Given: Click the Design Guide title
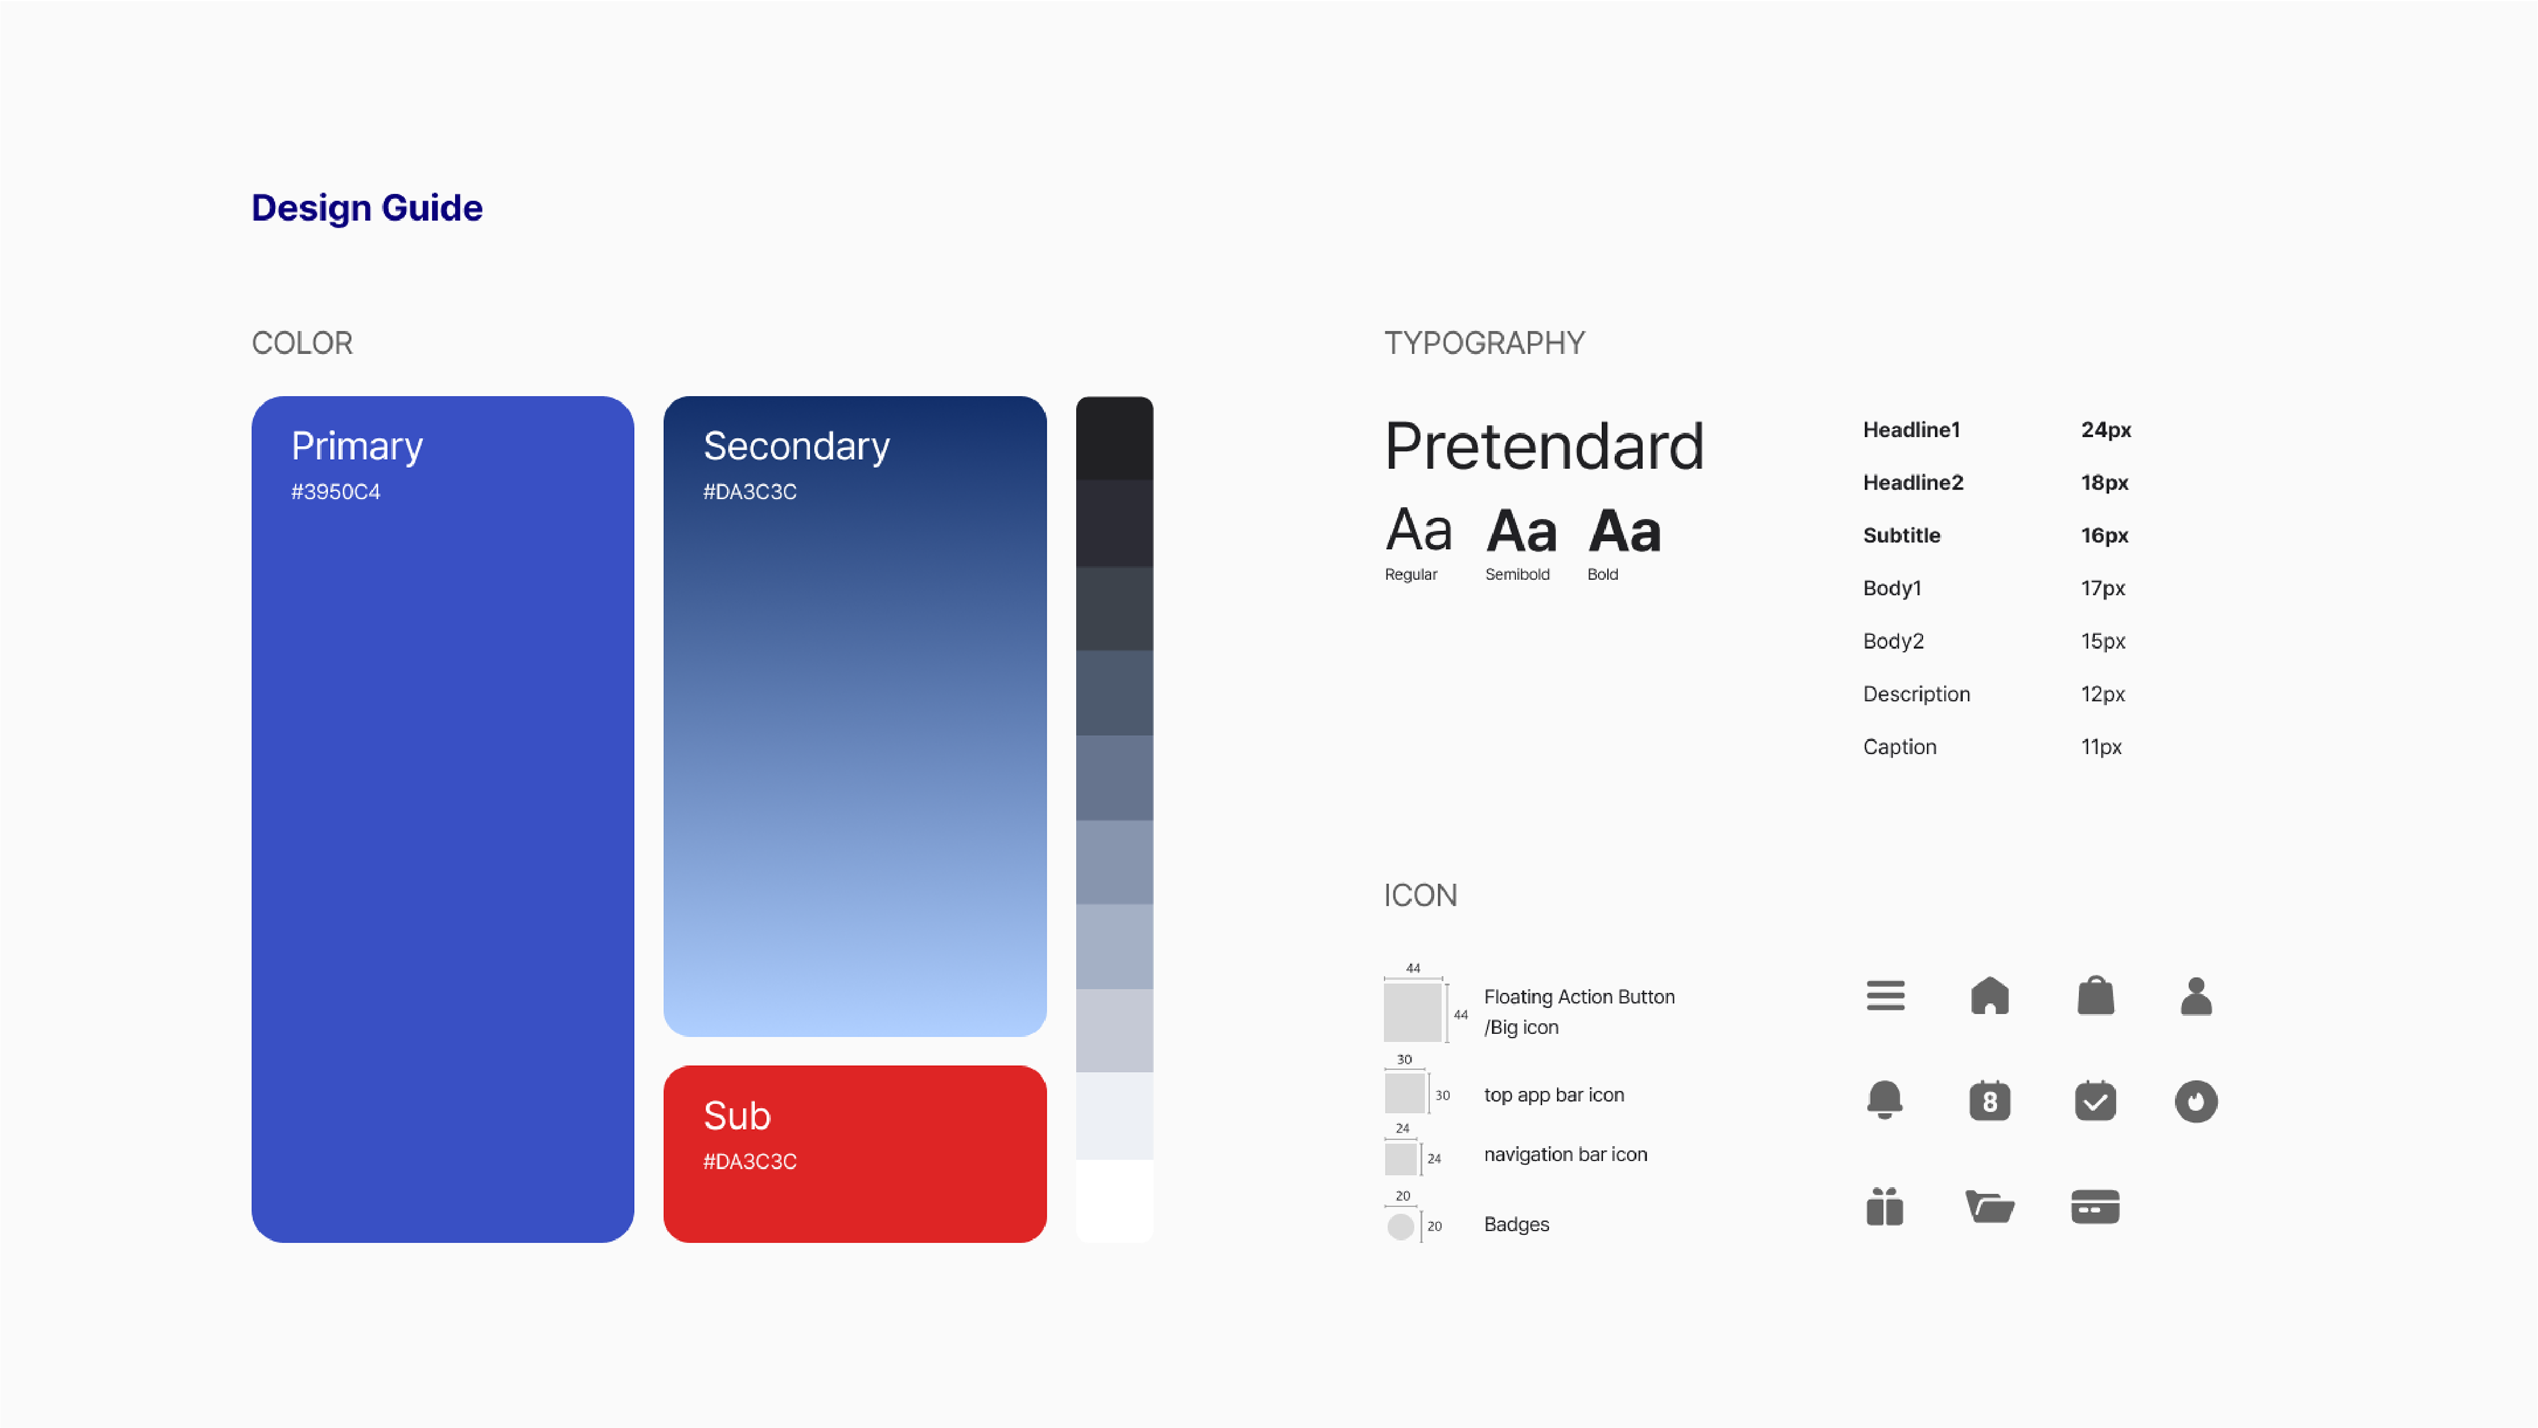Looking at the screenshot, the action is (x=367, y=207).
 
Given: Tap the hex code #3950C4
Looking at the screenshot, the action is (x=335, y=492).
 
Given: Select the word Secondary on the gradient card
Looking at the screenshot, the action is (x=796, y=446).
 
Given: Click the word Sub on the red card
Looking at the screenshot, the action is (x=737, y=1116).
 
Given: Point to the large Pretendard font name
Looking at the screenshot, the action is (x=1544, y=446).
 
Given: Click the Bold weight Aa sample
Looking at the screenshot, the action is (x=1625, y=532).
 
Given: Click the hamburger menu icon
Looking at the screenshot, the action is (x=1885, y=996).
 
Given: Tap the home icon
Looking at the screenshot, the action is (x=1989, y=996).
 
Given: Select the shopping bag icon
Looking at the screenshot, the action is (x=2096, y=996).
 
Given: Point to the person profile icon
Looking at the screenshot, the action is (x=2196, y=996).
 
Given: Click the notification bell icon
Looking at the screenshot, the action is (x=1885, y=1100).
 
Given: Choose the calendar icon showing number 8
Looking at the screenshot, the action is (x=1989, y=1101).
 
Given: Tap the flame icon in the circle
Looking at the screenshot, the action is (x=2196, y=1101).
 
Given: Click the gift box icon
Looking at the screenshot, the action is (x=1885, y=1207).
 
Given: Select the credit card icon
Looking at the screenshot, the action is (x=2096, y=1207).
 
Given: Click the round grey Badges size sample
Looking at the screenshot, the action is (x=1400, y=1226).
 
